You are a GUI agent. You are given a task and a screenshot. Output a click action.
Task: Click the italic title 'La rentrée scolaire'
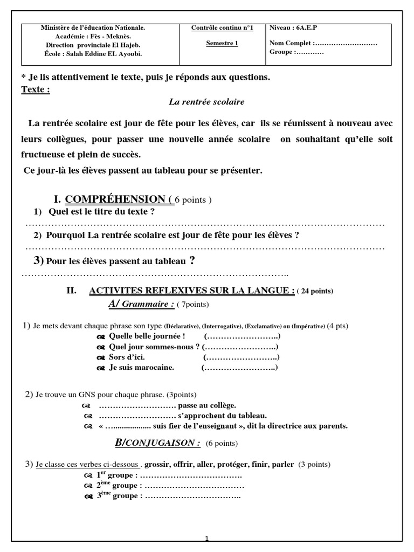pos(207,101)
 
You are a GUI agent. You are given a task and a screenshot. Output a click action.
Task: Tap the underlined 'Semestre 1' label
pos(222,44)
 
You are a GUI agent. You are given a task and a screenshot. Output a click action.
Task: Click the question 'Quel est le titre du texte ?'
pos(101,212)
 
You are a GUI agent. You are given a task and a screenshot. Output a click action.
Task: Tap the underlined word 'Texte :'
pos(36,89)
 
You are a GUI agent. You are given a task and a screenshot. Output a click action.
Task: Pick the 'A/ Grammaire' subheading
pos(141,305)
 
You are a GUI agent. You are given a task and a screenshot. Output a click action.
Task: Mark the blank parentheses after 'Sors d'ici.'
pos(241,357)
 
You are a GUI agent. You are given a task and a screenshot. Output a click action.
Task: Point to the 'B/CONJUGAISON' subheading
pos(158,443)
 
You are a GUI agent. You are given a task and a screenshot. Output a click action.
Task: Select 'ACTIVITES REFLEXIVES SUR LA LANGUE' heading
pos(191,291)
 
